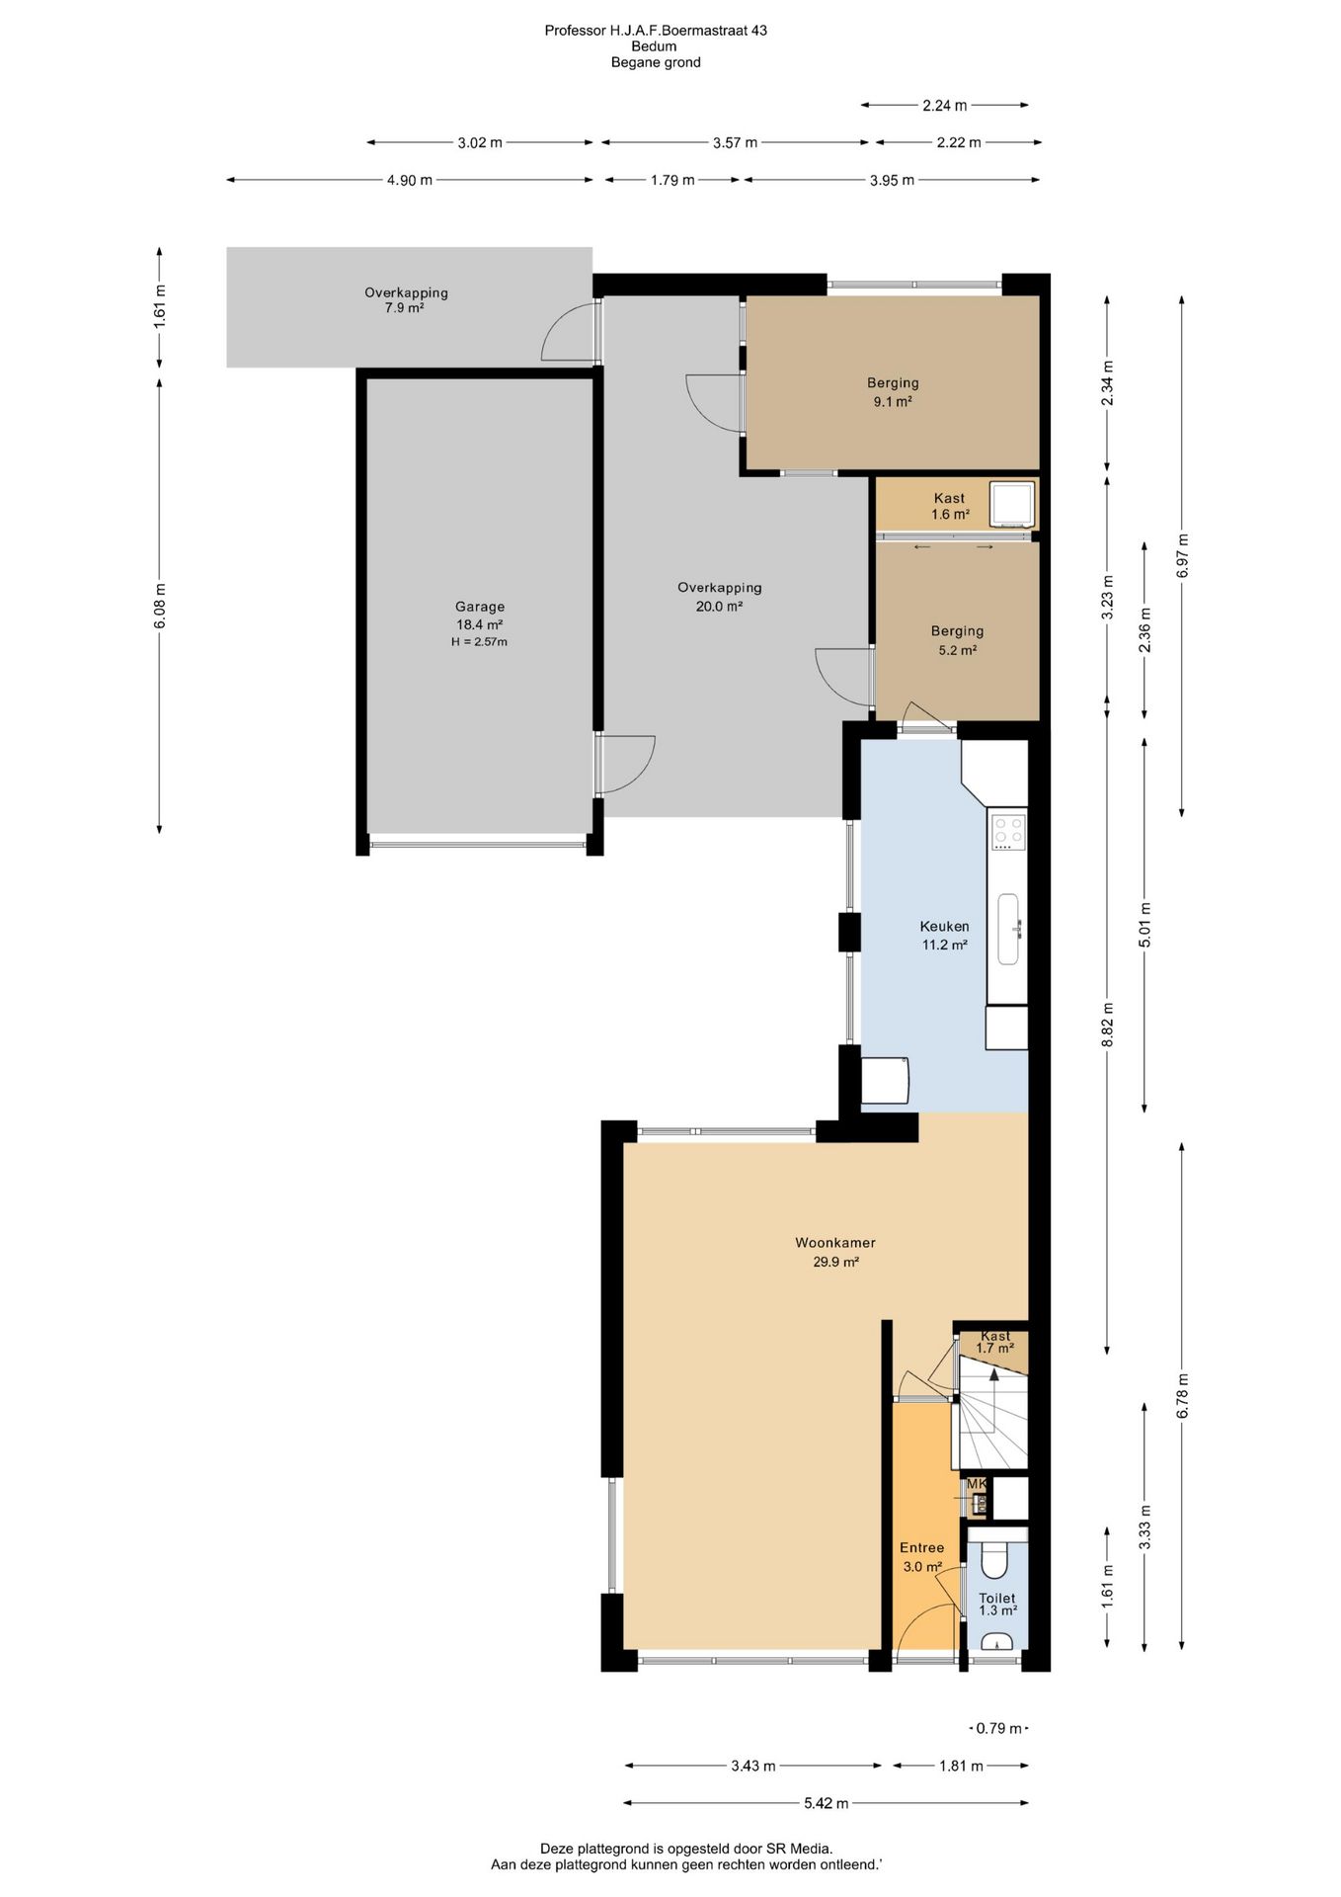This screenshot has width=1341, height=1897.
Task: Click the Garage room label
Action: click(480, 607)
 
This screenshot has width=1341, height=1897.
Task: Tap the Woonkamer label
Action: click(835, 1243)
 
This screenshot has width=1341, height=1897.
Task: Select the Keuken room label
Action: click(944, 927)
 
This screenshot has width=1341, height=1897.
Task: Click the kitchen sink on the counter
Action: click(1008, 929)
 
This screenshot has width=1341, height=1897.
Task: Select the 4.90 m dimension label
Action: click(410, 180)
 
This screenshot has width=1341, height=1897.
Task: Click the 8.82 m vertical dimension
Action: click(1107, 1025)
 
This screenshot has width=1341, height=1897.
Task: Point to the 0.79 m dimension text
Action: click(999, 1728)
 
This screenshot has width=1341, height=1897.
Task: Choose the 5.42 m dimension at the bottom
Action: click(827, 1803)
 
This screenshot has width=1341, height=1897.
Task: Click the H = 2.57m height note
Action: click(480, 642)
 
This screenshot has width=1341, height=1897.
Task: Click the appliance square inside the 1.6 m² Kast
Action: click(1012, 504)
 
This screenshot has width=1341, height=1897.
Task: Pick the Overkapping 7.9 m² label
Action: click(406, 300)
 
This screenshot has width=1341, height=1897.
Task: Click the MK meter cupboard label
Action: click(977, 1483)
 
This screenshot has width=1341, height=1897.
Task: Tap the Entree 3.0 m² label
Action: click(922, 1557)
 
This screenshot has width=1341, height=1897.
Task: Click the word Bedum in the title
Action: click(655, 46)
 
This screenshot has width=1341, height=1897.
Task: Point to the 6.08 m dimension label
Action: click(160, 605)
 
